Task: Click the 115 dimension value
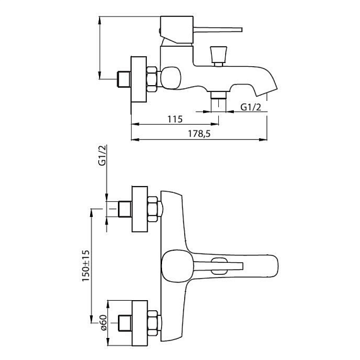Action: pyautogui.click(x=175, y=119)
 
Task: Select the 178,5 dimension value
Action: pyautogui.click(x=199, y=134)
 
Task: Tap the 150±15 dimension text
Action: pyautogui.click(x=86, y=266)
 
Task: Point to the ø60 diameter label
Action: pyautogui.click(x=103, y=323)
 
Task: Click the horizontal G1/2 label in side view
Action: pyautogui.click(x=250, y=107)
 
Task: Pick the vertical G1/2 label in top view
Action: pyautogui.click(x=103, y=155)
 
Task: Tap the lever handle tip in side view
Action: pyautogui.click(x=241, y=30)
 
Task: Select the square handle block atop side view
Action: pyautogui.click(x=177, y=30)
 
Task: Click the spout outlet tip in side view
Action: pyautogui.click(x=266, y=92)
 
